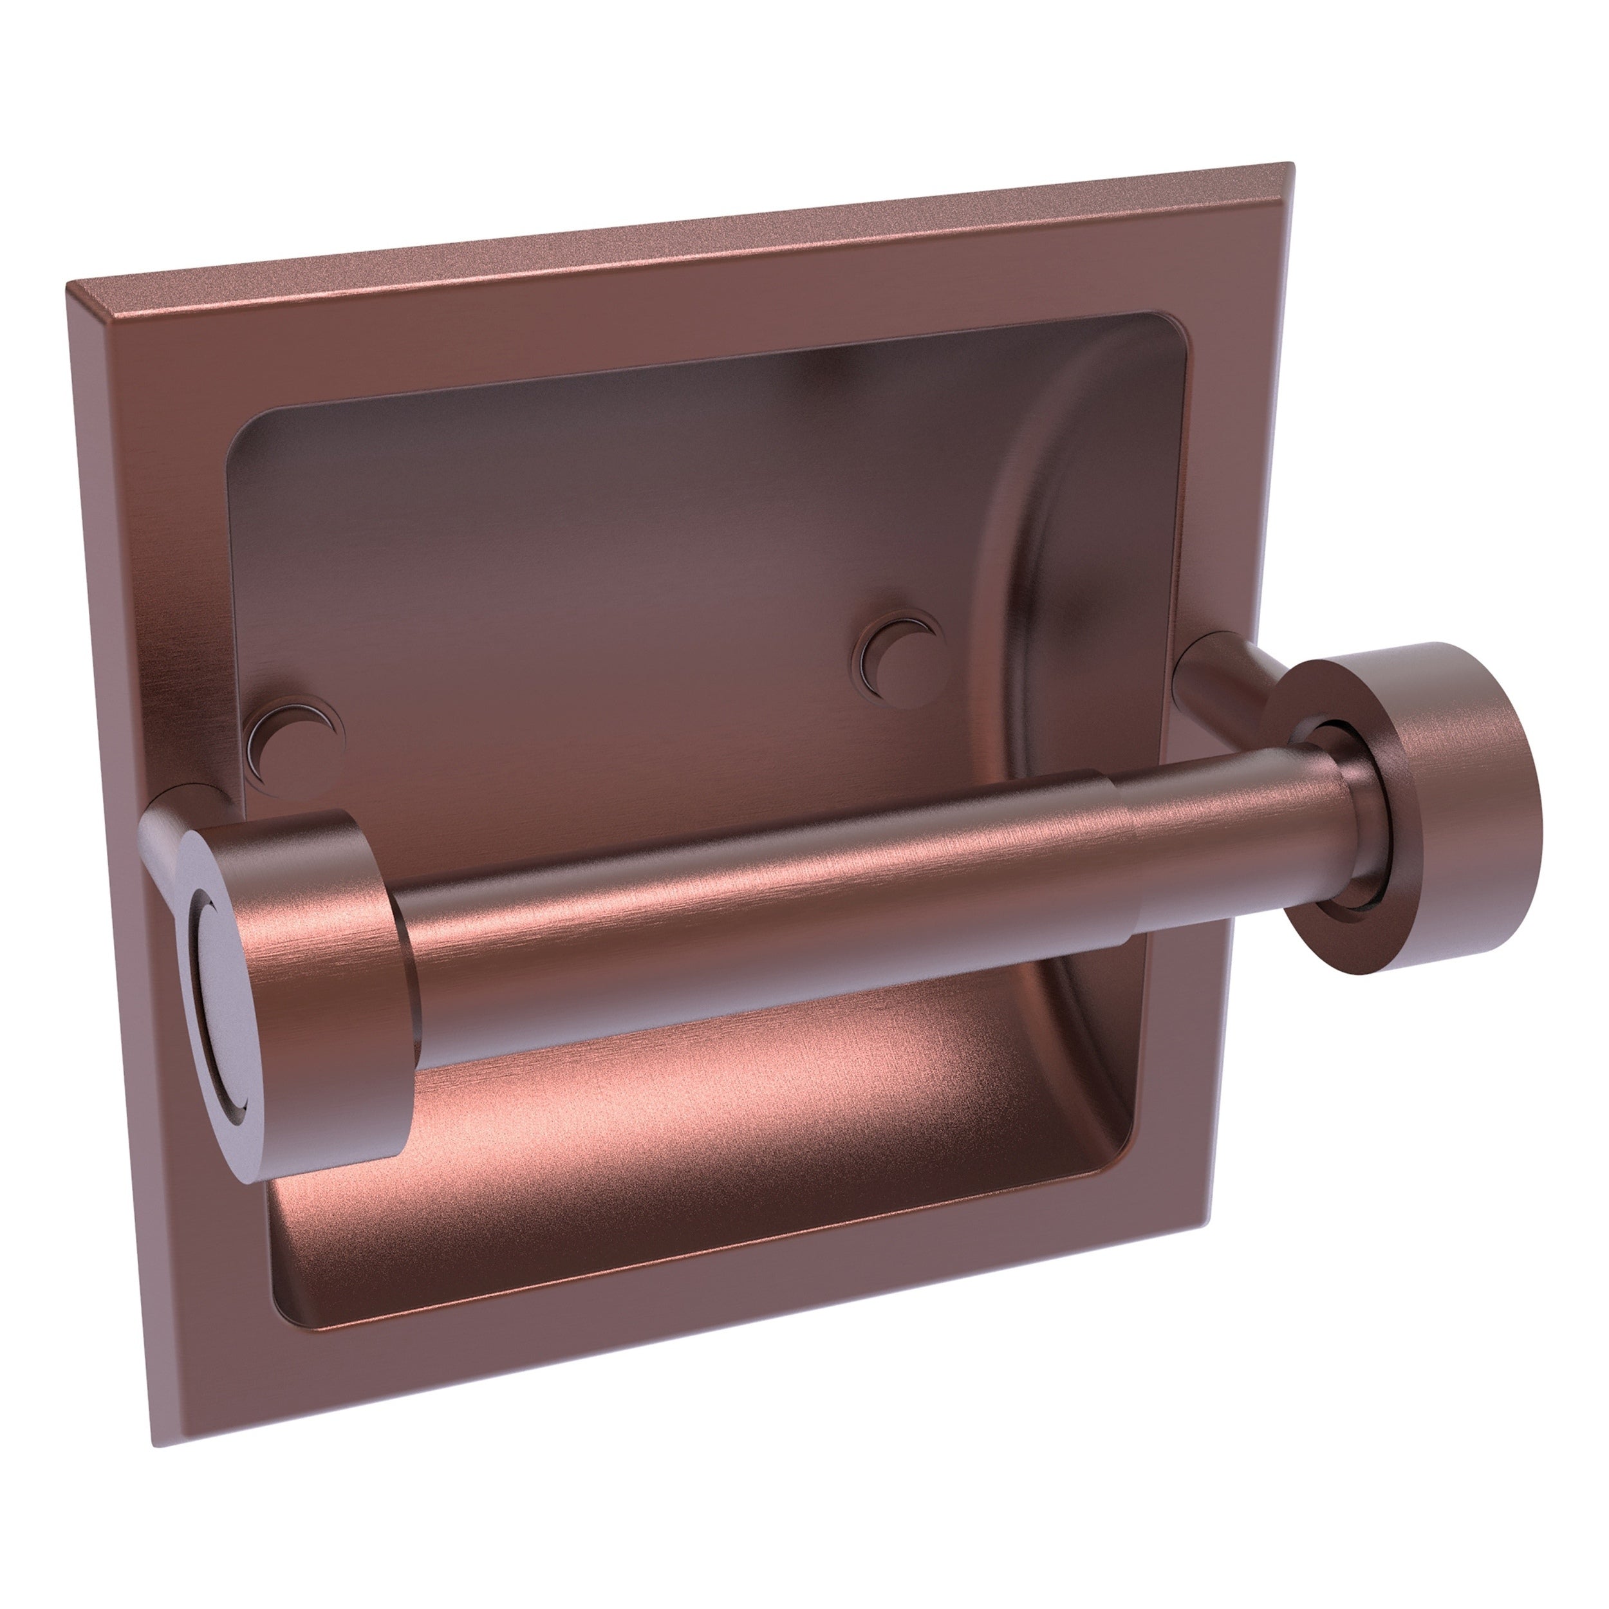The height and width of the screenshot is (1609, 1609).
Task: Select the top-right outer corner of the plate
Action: (1267, 164)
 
